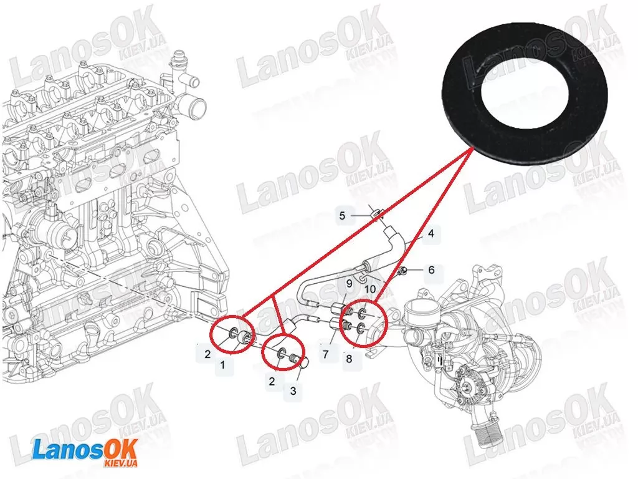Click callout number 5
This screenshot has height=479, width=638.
[x=342, y=215]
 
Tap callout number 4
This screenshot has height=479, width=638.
[x=431, y=233]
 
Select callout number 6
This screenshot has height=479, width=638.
[x=431, y=269]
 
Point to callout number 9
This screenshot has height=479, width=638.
[x=349, y=283]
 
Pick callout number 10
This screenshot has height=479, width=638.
[x=370, y=289]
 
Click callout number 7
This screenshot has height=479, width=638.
[x=325, y=354]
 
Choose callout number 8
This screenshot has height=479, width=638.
[x=349, y=359]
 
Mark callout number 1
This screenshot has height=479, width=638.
[x=222, y=365]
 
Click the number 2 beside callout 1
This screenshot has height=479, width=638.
[x=207, y=354]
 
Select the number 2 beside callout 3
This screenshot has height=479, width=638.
[x=272, y=381]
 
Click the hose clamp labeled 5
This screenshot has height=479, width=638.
[x=376, y=213]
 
